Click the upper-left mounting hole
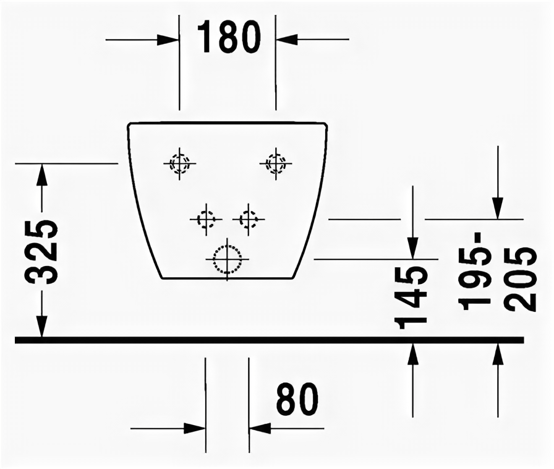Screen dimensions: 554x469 pyautogui.click(x=179, y=163)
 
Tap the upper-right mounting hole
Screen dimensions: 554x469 pyautogui.click(x=275, y=163)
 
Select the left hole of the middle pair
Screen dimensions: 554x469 pyautogui.click(x=205, y=218)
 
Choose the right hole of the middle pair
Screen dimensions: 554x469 pyautogui.click(x=249, y=218)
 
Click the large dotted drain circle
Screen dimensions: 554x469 pyautogui.click(x=227, y=259)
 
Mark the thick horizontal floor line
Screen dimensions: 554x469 pyautogui.click(x=270, y=340)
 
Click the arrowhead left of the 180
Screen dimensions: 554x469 pyautogui.click(x=168, y=40)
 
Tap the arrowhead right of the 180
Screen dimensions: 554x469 pyautogui.click(x=286, y=40)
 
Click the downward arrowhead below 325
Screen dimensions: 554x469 pyautogui.click(x=41, y=326)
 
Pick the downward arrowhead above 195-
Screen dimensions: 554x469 pyautogui.click(x=498, y=207)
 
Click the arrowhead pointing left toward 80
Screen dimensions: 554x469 pyautogui.click(x=260, y=428)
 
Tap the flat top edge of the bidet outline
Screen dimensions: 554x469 pyautogui.click(x=227, y=123)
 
